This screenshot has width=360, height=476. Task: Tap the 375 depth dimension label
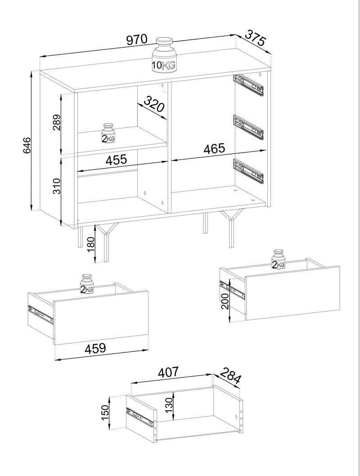pyautogui.click(x=255, y=37)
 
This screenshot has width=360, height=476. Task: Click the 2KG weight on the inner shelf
pyautogui.click(x=108, y=133)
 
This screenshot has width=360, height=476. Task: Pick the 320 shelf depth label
pyautogui.click(x=154, y=104)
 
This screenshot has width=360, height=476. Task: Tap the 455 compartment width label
pyautogui.click(x=116, y=159)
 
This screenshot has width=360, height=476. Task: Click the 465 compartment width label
pyautogui.click(x=214, y=148)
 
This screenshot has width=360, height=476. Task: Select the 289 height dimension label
pyautogui.click(x=57, y=122)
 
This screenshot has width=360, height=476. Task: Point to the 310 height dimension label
pyautogui.click(x=57, y=186)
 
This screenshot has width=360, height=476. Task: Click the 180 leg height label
pyautogui.click(x=91, y=245)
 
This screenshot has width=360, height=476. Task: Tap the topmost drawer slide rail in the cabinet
pyautogui.click(x=248, y=85)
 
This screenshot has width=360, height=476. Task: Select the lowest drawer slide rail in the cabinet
pyautogui.click(x=248, y=171)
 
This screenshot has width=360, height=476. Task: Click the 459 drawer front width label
pyautogui.click(x=95, y=348)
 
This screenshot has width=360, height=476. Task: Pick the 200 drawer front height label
pyautogui.click(x=225, y=301)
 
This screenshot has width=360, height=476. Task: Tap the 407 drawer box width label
pyautogui.click(x=169, y=372)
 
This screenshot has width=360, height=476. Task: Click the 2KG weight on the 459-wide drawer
pyautogui.click(x=87, y=284)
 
